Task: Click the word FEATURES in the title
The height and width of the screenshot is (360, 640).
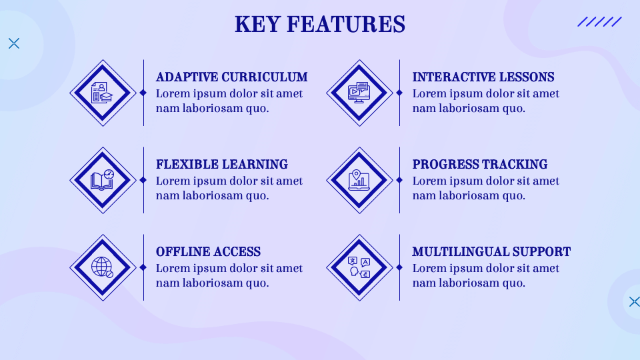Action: tap(345, 25)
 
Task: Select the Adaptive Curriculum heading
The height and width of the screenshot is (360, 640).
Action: tap(231, 77)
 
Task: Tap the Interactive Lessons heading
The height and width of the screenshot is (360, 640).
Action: tap(483, 77)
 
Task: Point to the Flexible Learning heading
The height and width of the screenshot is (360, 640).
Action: tap(221, 165)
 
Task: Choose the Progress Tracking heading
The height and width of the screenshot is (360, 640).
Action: tap(479, 165)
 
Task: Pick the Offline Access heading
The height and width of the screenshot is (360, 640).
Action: tap(208, 252)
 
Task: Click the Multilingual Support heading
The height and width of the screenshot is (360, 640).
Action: tap(491, 252)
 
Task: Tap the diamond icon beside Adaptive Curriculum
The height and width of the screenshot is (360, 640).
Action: tap(103, 93)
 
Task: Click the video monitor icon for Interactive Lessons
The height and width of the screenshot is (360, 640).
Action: tap(359, 93)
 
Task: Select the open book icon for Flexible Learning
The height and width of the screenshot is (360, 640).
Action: tap(103, 180)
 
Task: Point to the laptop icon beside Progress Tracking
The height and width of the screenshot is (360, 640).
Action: tap(359, 180)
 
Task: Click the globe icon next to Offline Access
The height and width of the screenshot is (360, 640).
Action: tap(103, 267)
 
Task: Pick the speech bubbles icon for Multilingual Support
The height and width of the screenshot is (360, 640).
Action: tap(359, 267)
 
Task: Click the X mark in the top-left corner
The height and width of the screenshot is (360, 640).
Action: tap(14, 43)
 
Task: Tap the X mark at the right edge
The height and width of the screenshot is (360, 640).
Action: tap(634, 301)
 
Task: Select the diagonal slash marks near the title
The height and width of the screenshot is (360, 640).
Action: tap(599, 22)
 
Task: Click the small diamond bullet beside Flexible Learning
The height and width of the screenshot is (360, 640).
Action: tap(143, 180)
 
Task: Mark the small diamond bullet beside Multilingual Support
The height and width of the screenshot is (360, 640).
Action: tap(399, 267)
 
